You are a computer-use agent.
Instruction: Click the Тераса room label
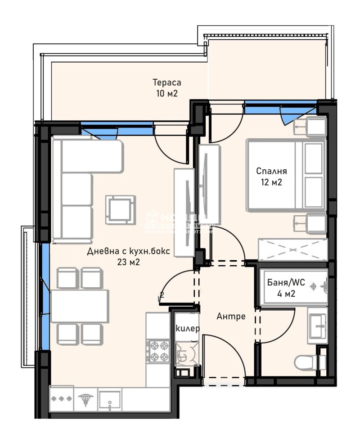click(166, 83)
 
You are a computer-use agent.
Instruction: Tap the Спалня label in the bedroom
click(271, 171)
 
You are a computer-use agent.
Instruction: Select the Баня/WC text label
click(286, 283)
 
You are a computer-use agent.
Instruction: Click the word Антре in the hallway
click(231, 316)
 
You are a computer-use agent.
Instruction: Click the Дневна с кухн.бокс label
click(129, 252)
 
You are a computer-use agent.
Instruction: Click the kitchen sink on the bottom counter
click(110, 399)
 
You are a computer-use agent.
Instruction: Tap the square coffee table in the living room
click(120, 209)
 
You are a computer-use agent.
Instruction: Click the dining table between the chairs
click(80, 306)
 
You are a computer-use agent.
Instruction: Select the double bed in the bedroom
click(285, 175)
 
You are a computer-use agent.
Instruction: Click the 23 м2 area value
click(128, 263)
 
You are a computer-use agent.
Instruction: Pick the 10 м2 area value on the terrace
click(166, 94)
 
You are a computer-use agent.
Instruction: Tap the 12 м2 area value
click(271, 182)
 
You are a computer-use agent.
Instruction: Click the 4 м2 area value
click(286, 294)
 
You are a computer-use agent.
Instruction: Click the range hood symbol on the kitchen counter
click(84, 399)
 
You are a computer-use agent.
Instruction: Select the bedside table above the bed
click(310, 126)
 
